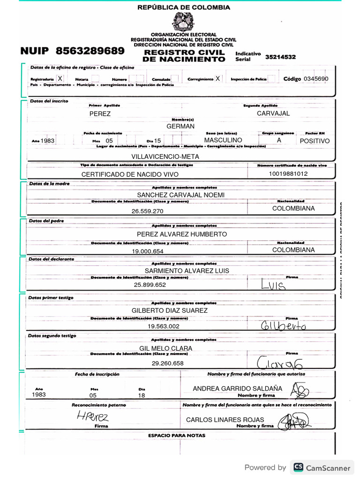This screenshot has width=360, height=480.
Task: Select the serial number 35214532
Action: (x=280, y=57)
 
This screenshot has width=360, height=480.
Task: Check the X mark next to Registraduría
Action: (x=60, y=79)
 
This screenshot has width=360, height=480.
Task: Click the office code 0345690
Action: (x=316, y=79)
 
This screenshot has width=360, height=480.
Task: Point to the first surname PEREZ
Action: (x=100, y=114)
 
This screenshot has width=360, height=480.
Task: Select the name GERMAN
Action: (x=180, y=127)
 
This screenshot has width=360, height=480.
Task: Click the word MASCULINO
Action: (x=223, y=140)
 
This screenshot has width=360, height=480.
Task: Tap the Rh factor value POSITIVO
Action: (x=315, y=141)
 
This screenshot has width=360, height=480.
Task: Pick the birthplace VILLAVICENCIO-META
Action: (x=165, y=157)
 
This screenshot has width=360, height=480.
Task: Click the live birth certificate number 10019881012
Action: (x=288, y=173)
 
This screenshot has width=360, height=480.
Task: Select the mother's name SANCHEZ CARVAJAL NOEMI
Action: (x=180, y=195)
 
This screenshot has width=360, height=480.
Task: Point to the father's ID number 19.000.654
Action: (x=147, y=252)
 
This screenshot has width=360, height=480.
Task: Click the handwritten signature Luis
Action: (x=273, y=285)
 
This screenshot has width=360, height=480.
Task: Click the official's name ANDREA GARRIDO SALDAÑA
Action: (x=238, y=389)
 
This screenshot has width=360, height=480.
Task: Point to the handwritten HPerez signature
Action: (x=93, y=416)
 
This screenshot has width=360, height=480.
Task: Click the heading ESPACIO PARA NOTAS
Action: (x=177, y=435)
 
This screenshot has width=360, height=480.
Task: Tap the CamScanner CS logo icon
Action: (x=298, y=467)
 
